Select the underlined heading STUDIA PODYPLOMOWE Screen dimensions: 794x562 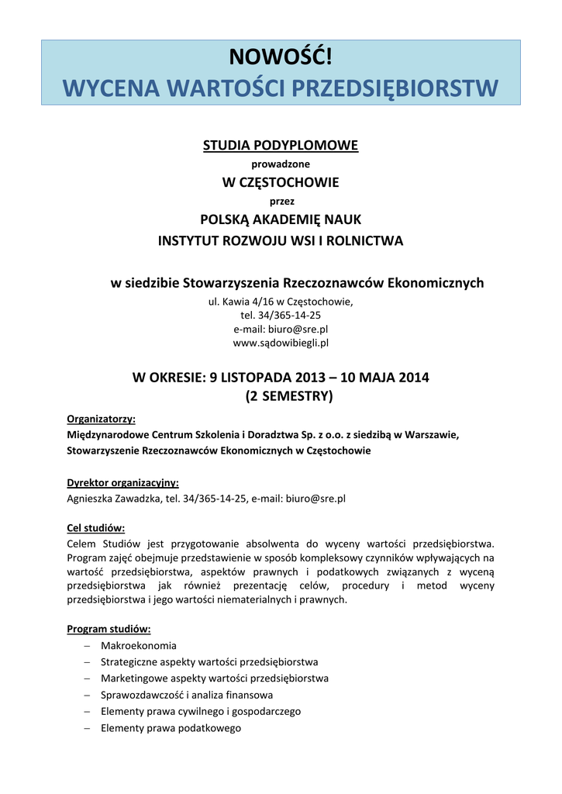pyautogui.click(x=281, y=146)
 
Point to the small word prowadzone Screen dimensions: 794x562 pyautogui.click(x=281, y=164)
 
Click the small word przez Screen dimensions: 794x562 pyautogui.click(x=281, y=201)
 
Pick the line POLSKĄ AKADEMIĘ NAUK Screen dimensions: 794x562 pyautogui.click(x=281, y=219)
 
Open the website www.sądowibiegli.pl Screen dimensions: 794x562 pyautogui.click(x=281, y=342)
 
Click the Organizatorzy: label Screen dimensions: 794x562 pyautogui.click(x=101, y=419)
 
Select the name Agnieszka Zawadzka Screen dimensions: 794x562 pyautogui.click(x=113, y=499)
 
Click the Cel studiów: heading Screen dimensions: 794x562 pyautogui.click(x=96, y=528)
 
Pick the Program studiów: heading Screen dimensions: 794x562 pyautogui.click(x=109, y=629)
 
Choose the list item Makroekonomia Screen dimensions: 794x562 pyautogui.click(x=138, y=645)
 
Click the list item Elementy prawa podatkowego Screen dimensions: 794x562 pyautogui.click(x=171, y=728)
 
